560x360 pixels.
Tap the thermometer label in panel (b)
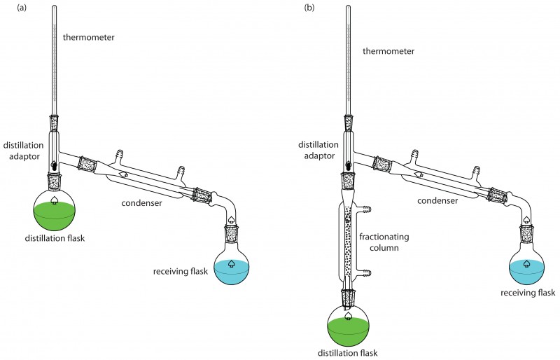point(388,51)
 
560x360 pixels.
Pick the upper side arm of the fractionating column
point(365,209)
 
